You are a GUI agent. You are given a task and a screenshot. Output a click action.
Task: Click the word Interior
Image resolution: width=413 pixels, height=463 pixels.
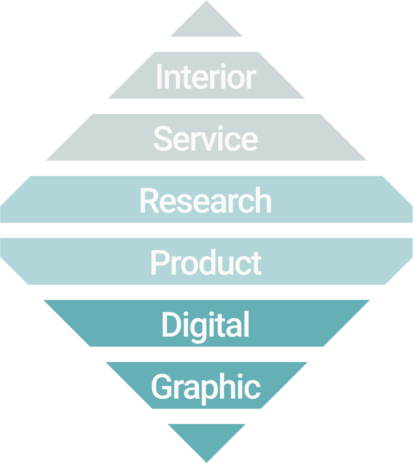click(x=206, y=77)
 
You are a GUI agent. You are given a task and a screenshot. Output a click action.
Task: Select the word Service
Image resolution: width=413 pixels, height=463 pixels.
click(x=206, y=138)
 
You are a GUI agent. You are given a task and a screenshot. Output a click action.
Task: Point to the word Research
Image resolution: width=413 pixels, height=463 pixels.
click(x=206, y=201)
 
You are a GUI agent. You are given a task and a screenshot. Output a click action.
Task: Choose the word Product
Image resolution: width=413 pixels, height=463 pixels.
click(x=206, y=263)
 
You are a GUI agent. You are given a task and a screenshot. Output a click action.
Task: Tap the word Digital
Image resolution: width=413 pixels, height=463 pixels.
click(x=206, y=325)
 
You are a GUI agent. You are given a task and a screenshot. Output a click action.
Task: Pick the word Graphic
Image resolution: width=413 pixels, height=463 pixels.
click(x=206, y=387)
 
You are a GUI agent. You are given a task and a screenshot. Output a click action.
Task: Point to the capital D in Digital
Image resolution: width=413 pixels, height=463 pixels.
click(x=170, y=325)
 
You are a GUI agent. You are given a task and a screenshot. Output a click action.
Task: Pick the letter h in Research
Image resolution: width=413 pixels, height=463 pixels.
click(x=263, y=201)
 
